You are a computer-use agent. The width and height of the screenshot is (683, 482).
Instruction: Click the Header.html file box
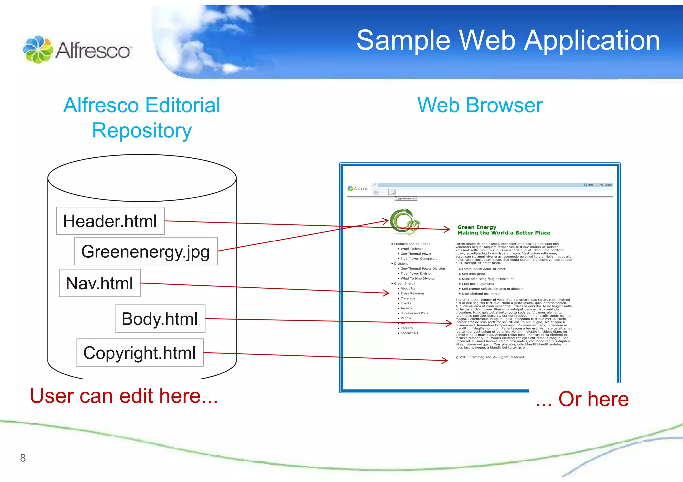tap(110, 221)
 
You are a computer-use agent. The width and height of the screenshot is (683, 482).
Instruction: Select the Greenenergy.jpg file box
tap(146, 251)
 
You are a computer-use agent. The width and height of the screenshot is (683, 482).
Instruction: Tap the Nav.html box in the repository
tap(100, 283)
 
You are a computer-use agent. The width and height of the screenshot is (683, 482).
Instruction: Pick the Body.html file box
tap(160, 319)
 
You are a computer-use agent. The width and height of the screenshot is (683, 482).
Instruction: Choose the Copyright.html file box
tap(140, 353)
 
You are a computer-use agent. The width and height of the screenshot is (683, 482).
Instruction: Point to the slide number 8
tap(23, 458)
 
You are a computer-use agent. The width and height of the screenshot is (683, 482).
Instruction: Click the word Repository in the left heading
tap(142, 130)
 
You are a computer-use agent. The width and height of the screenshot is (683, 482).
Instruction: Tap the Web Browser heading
tap(480, 105)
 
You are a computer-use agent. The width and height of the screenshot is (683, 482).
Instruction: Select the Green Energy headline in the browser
tap(477, 227)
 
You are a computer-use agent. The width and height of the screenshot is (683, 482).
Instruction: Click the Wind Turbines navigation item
tap(412, 249)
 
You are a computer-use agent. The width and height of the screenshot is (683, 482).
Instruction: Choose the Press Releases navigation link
tap(412, 293)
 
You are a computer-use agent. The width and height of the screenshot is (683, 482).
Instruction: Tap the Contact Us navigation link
tap(409, 333)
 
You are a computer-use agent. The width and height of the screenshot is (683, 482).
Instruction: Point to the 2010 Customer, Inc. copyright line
tap(490, 357)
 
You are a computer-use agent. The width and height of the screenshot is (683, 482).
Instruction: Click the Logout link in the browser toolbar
tap(608, 185)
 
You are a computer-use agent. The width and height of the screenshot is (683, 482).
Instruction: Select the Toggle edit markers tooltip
tap(405, 198)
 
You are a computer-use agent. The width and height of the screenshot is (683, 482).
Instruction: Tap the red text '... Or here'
tap(582, 399)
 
